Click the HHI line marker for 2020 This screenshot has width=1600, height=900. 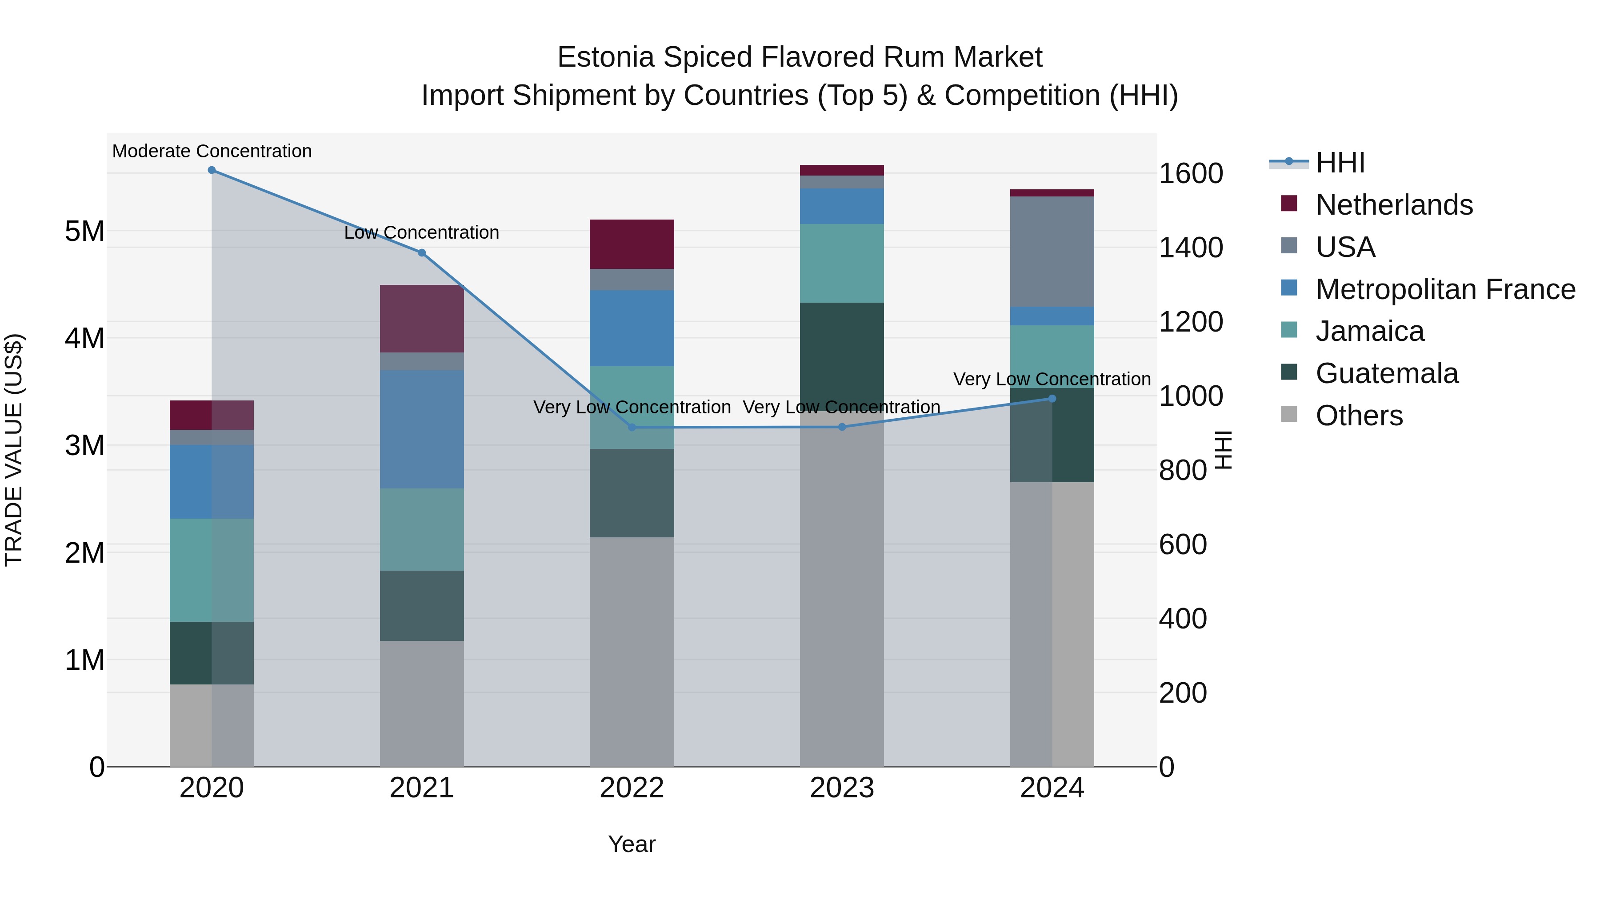212,170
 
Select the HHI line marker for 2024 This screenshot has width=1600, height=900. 1052,399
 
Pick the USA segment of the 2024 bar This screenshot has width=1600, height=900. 1052,252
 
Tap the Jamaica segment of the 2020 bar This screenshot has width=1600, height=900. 212,570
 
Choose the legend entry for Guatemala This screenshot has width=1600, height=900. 1386,373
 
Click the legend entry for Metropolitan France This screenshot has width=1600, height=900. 1445,289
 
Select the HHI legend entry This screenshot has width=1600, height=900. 1340,163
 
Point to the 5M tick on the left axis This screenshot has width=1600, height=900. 84,231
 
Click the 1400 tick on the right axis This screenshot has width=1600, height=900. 1191,247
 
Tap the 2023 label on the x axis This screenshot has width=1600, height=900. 842,788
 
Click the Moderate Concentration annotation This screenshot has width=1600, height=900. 212,151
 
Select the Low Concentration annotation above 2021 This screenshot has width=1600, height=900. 422,232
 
